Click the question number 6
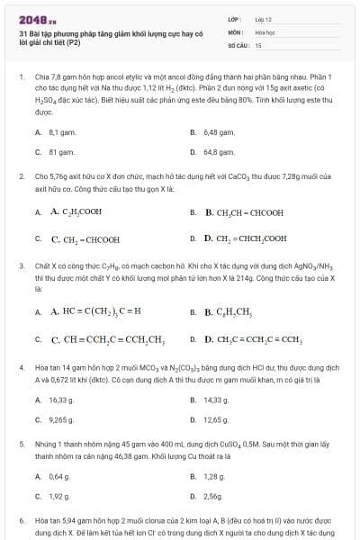tap(22, 520)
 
